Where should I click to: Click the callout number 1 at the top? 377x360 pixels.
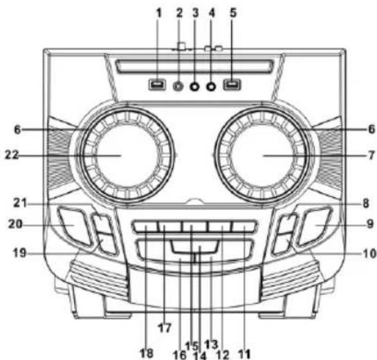pos(158,14)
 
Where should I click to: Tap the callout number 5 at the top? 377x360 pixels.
pos(233,13)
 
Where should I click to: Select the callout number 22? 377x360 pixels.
pos(12,155)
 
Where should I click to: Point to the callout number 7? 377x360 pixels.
pos(371,155)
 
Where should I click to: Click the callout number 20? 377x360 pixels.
pos(15,225)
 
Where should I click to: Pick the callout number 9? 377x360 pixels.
pos(370,225)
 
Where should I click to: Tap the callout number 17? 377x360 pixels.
pos(165,328)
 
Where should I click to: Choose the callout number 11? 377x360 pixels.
pos(244,354)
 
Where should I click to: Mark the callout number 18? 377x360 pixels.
pos(147,353)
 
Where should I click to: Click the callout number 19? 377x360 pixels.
pos(19,253)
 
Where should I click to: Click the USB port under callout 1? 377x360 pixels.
pos(157,85)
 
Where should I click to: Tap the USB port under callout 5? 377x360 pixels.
pos(232,85)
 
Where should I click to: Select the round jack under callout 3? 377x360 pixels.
pos(194,86)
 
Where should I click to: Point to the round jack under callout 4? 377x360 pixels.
pos(211,86)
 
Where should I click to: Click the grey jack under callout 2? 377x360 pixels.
pos(178,86)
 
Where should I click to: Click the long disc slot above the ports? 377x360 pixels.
pos(194,66)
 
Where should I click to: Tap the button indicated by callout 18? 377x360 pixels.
pos(145,227)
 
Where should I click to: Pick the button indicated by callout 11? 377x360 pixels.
pos(244,227)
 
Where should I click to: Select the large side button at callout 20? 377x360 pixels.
pos(74,226)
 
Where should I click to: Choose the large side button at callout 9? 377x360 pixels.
pos(315,226)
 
